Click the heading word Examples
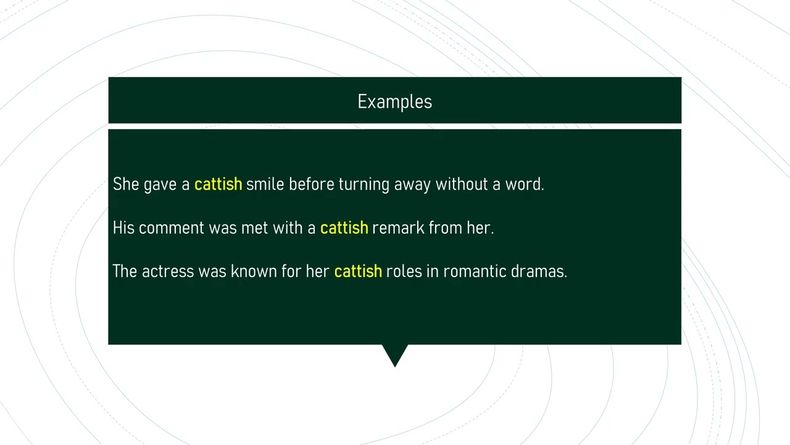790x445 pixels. [x=394, y=102]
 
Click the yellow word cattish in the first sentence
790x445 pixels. [x=218, y=184]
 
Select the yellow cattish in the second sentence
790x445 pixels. [x=344, y=227]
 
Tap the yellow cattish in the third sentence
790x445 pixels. [x=358, y=271]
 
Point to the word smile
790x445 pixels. [x=265, y=184]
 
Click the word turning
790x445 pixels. [x=364, y=185]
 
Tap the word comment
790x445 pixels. [x=172, y=228]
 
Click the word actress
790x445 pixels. [x=168, y=271]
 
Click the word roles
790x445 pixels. [x=404, y=271]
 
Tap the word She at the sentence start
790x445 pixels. [x=126, y=184]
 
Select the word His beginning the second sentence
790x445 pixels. [x=123, y=227]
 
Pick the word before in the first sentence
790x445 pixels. [x=311, y=184]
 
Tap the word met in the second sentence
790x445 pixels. [x=254, y=228]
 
